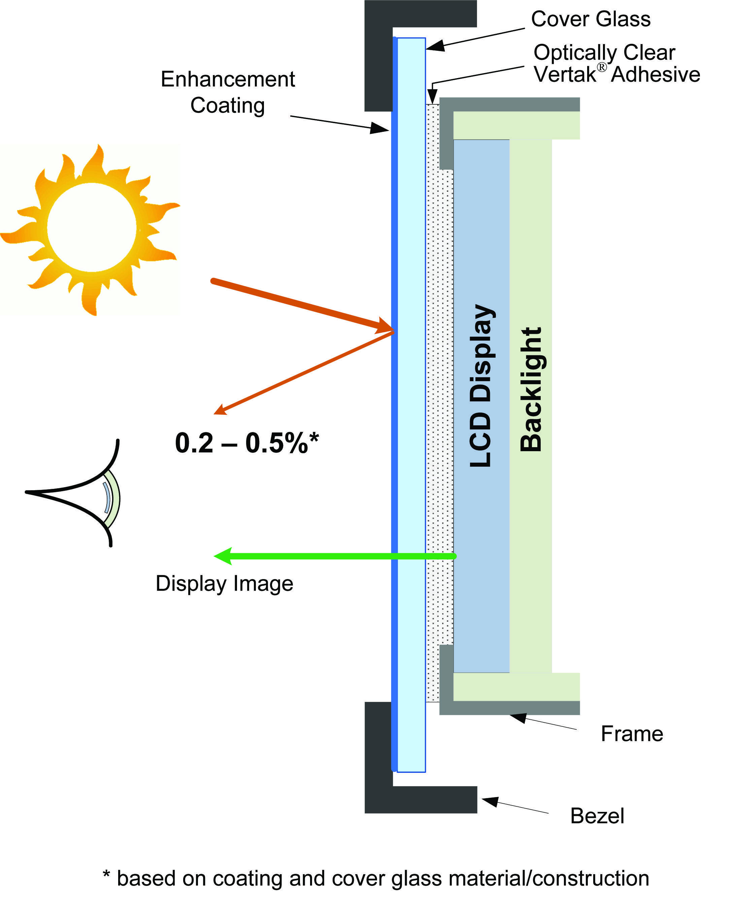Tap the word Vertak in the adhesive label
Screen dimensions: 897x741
(564, 75)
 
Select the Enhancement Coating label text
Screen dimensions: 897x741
(228, 92)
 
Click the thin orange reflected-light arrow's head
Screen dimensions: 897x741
(220, 410)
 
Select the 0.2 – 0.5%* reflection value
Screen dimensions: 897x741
(246, 443)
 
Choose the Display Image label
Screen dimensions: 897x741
(224, 583)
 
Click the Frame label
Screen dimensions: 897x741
(631, 733)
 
